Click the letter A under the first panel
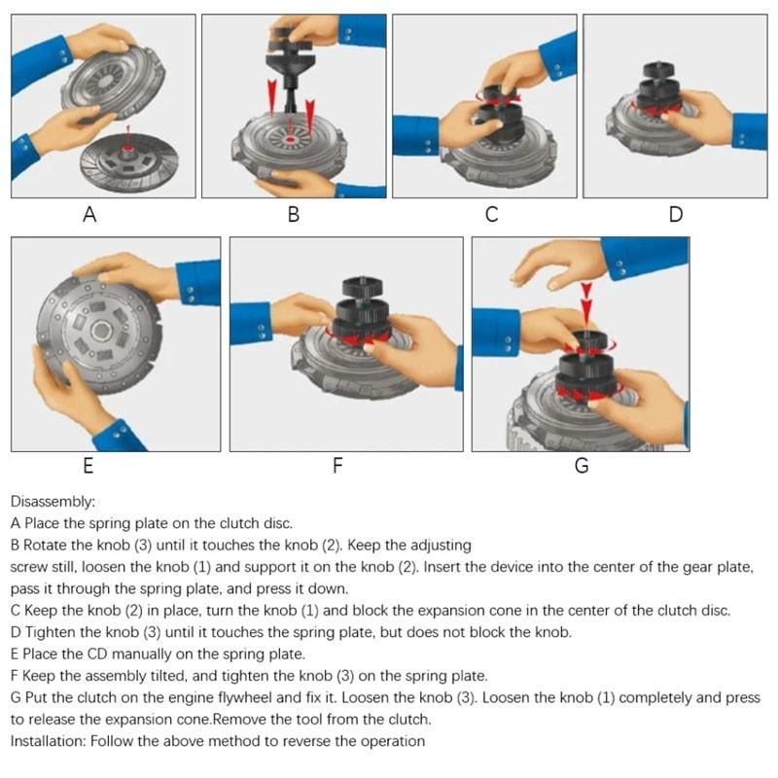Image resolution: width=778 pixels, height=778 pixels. (89, 215)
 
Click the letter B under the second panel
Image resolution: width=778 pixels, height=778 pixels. (294, 215)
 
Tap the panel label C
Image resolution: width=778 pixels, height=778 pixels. (491, 215)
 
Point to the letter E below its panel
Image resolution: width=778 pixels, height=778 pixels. (88, 466)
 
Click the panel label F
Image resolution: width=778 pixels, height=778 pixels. (337, 466)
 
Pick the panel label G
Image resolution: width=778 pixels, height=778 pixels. (582, 466)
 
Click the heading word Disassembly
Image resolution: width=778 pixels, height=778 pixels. (53, 502)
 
